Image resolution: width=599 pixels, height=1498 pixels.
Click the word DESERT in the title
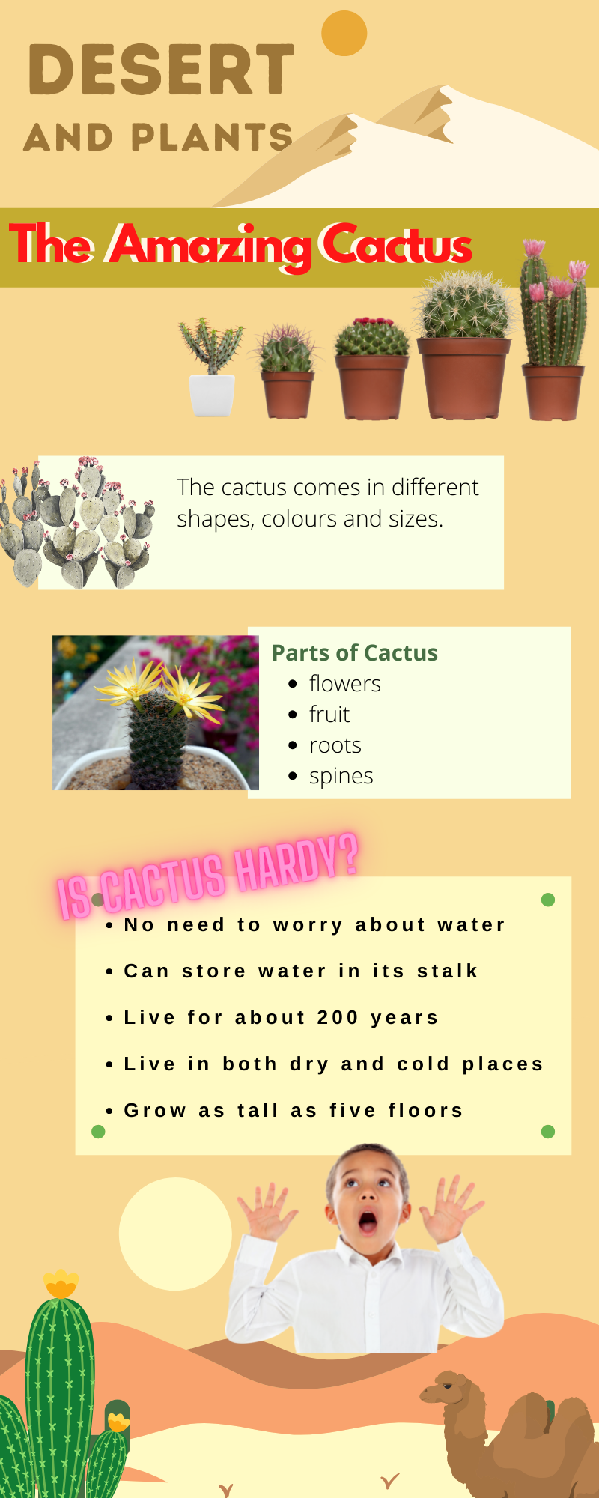tap(161, 70)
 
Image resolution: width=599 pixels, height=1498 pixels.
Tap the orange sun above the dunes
tap(344, 33)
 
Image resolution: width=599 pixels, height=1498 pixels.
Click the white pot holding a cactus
tap(212, 395)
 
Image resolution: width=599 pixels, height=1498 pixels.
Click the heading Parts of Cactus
tap(355, 652)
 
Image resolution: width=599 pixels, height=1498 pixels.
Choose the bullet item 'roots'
tap(335, 745)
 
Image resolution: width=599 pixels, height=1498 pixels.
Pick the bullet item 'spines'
tap(341, 777)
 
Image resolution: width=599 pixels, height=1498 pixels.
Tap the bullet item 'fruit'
tap(329, 715)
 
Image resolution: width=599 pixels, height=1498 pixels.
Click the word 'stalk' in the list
tap(448, 971)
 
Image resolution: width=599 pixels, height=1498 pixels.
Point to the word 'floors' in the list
tap(426, 1111)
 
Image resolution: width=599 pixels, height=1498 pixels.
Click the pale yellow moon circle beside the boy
tap(175, 1234)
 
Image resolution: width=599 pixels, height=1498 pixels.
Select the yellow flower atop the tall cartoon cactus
tap(61, 1284)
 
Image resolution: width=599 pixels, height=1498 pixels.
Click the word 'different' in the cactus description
tap(435, 488)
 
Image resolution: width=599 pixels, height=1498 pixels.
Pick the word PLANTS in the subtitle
tap(212, 137)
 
